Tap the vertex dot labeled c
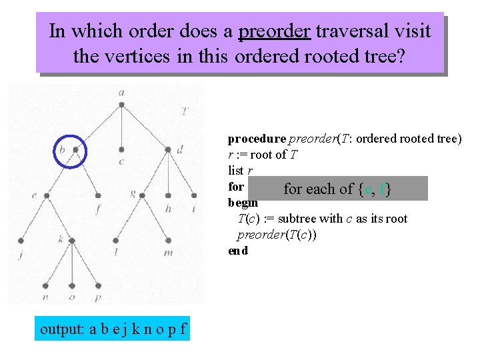click(121, 149)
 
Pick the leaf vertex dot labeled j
click(21, 240)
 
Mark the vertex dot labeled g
click(144, 195)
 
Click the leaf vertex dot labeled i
click(193, 195)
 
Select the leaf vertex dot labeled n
click(45, 285)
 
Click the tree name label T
click(184, 111)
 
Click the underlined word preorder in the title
click(274, 31)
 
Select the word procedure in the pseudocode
click(256, 139)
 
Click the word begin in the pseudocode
click(243, 203)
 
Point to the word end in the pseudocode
click(238, 251)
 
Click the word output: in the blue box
click(63, 329)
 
